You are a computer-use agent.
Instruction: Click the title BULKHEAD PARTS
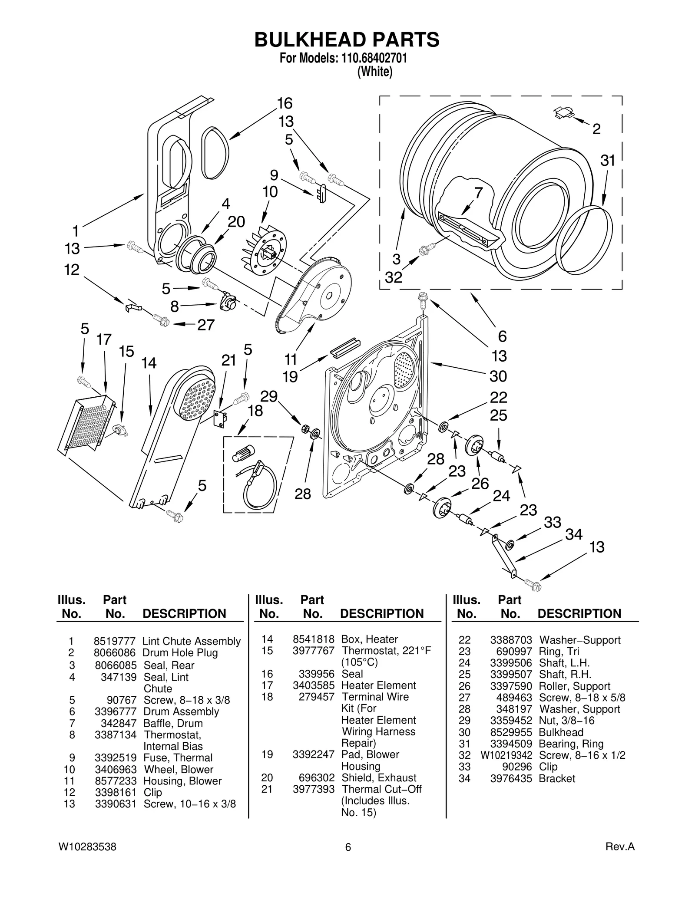(x=347, y=40)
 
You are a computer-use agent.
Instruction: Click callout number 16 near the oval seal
(x=285, y=103)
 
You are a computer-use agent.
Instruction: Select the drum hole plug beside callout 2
(x=563, y=113)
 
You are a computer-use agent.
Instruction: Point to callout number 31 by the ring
(x=608, y=161)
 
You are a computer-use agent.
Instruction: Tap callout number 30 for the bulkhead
(x=498, y=376)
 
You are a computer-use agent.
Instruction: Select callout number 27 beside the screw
(x=206, y=325)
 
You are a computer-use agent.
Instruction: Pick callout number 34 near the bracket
(x=573, y=534)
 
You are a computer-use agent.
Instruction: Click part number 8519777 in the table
(x=115, y=641)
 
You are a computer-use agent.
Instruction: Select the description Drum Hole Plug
(x=180, y=653)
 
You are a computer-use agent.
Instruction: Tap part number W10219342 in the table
(x=506, y=755)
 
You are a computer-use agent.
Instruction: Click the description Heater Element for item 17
(x=378, y=685)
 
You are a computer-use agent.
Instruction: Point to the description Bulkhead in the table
(x=561, y=732)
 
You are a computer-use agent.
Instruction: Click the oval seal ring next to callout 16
(x=215, y=153)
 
